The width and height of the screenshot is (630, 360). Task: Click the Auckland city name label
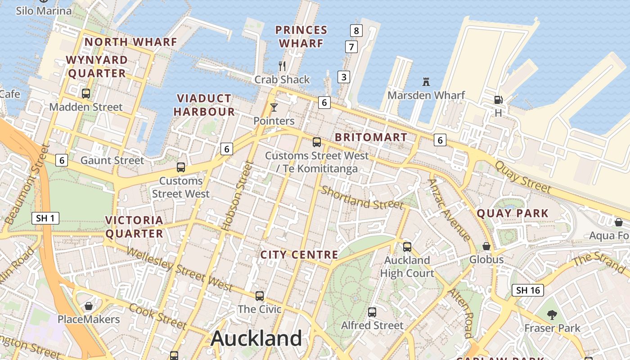click(x=256, y=338)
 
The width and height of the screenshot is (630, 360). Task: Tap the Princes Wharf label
click(x=301, y=37)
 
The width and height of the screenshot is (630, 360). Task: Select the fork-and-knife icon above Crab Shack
click(x=282, y=66)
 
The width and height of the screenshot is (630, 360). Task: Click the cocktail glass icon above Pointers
click(x=274, y=108)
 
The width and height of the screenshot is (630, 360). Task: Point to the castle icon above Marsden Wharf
click(x=426, y=82)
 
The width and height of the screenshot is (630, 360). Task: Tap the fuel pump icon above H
click(x=498, y=99)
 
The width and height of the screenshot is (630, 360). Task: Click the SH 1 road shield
click(x=46, y=219)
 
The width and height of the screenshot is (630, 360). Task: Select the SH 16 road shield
click(x=528, y=290)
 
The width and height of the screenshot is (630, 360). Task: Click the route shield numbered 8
click(x=356, y=31)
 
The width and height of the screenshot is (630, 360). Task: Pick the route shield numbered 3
click(x=344, y=77)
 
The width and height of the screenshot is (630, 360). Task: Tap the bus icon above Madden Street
click(x=85, y=94)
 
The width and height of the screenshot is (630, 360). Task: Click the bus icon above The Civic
click(x=260, y=296)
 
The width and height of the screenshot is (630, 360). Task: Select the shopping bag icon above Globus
click(x=486, y=246)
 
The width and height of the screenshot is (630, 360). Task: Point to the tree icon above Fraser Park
click(x=552, y=315)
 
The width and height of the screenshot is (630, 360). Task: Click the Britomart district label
click(x=371, y=137)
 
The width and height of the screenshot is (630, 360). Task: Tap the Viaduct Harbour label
click(x=204, y=105)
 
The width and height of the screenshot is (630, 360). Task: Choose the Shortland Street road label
click(x=362, y=198)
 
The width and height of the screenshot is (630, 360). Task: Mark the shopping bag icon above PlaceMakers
click(x=89, y=306)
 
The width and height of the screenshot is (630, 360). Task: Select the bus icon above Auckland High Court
click(x=407, y=247)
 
